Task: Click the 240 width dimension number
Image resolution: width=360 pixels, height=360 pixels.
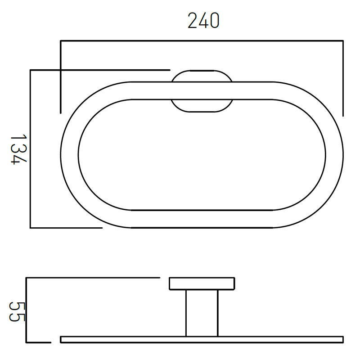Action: (x=203, y=21)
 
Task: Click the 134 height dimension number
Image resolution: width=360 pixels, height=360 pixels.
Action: (x=19, y=149)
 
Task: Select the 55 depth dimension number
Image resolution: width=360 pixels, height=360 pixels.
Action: (x=17, y=311)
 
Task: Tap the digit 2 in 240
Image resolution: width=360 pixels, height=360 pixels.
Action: (x=193, y=21)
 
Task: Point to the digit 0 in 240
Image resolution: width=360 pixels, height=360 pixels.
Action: (x=215, y=21)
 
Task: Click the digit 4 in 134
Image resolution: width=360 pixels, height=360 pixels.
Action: (x=19, y=160)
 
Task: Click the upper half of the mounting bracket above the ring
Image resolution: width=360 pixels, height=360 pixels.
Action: (x=202, y=76)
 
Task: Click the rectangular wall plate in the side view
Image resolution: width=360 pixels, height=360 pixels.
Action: (x=202, y=284)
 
